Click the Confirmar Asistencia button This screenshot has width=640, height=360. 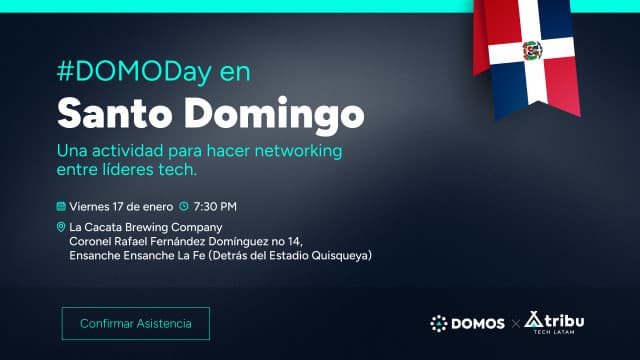pos(136,323)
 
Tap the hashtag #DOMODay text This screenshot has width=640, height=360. pos(125,73)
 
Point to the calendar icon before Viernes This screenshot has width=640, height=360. pos(61,207)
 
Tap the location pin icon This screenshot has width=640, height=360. pos(61,228)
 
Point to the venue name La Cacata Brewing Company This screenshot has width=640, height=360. pos(145,228)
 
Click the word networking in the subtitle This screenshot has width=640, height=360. pos(296,151)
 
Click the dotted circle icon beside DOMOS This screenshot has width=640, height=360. pos(438,323)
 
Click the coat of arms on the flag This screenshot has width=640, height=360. pos(531,49)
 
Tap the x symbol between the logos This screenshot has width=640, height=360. pos(515,323)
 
